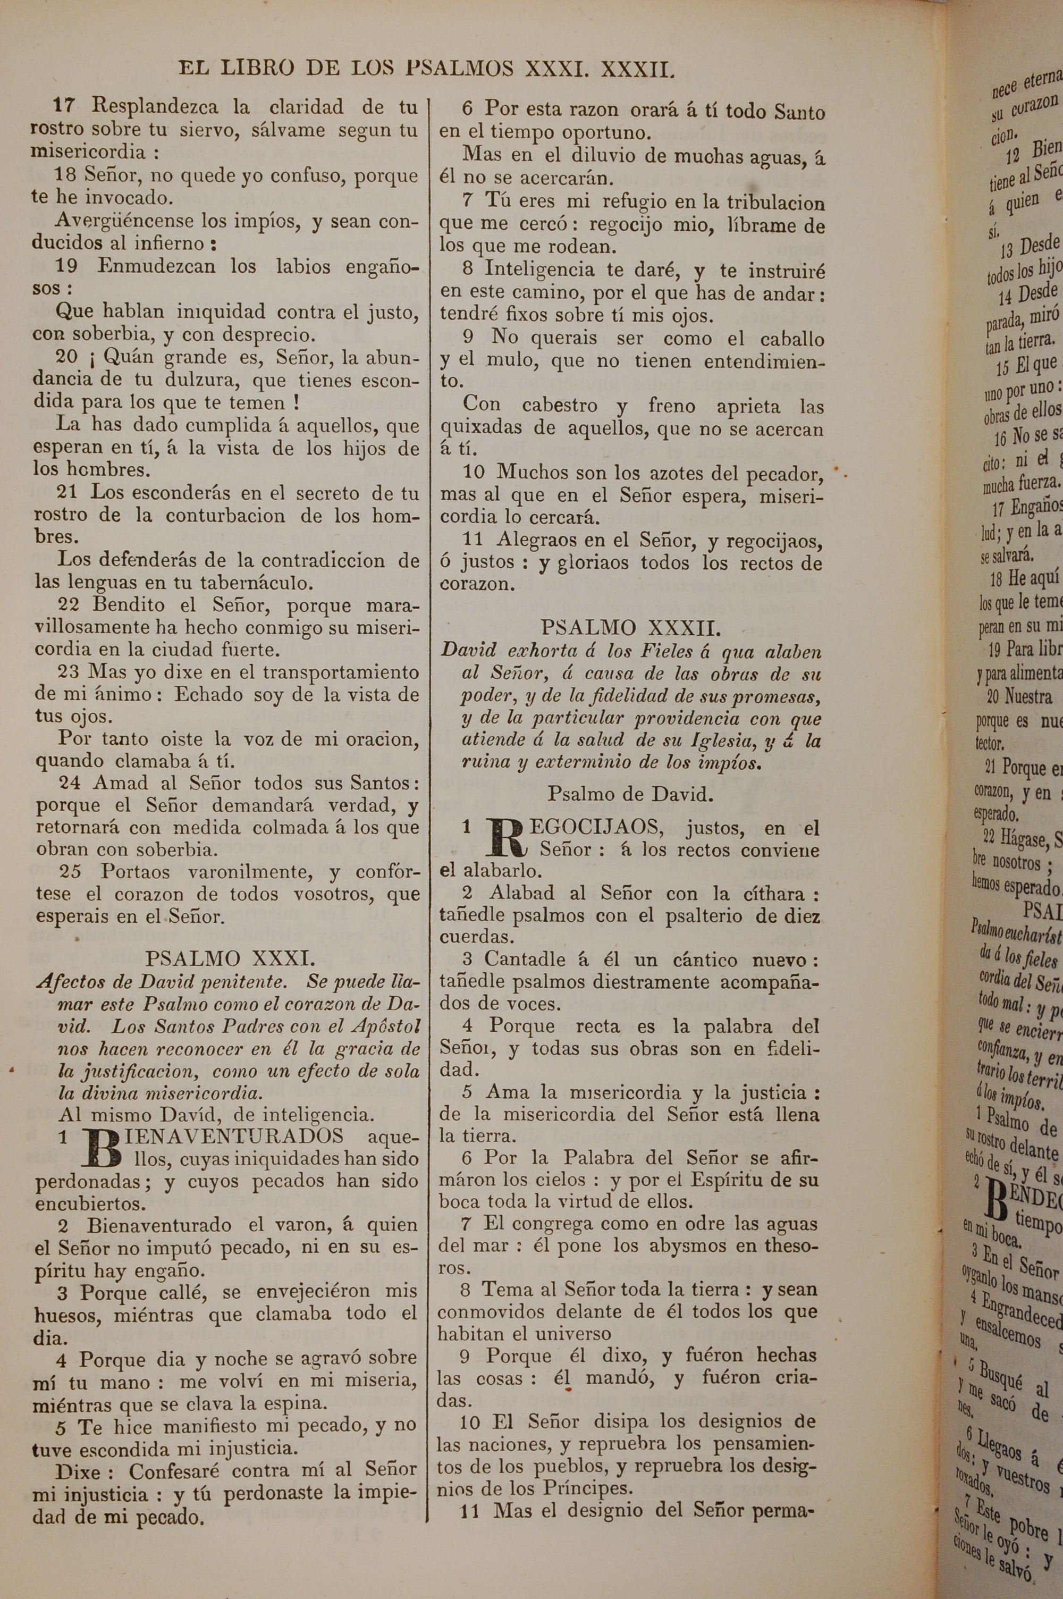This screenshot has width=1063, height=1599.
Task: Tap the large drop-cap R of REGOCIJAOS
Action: click(507, 838)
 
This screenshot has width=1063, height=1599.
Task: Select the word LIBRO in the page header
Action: click(258, 69)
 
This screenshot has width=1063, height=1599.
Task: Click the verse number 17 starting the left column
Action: click(64, 106)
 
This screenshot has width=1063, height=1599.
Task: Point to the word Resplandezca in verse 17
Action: click(155, 106)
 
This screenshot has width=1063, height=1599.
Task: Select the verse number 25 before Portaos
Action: click(70, 872)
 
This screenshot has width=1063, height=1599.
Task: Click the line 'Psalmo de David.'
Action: click(630, 794)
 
